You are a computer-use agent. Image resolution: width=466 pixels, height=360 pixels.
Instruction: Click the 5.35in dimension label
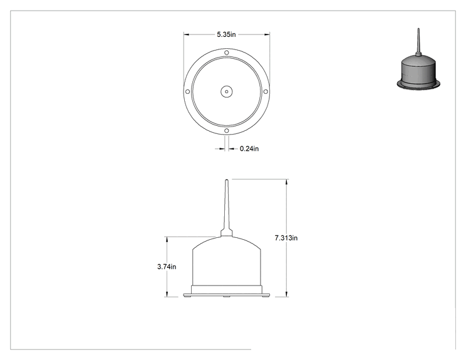pyautogui.click(x=226, y=34)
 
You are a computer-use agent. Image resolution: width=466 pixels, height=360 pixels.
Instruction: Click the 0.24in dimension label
pyautogui.click(x=249, y=148)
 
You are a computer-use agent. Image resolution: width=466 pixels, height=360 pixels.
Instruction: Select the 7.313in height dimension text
pyautogui.click(x=286, y=238)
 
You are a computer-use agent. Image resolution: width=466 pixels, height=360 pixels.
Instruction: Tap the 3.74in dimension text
pyautogui.click(x=167, y=267)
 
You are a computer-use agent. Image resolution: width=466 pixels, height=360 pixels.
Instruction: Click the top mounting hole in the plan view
pyautogui.click(x=227, y=53)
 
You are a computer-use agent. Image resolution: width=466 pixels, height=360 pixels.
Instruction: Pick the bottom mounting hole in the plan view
pyautogui.click(x=227, y=131)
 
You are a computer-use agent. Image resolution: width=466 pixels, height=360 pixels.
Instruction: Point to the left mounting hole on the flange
pyautogui.click(x=187, y=92)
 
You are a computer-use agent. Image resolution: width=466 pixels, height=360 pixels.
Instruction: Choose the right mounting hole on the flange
pyautogui.click(x=266, y=92)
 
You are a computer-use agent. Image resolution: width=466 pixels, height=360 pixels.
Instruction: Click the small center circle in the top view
pyautogui.click(x=227, y=92)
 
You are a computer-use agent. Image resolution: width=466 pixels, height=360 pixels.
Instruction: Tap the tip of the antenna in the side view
pyautogui.click(x=227, y=180)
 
